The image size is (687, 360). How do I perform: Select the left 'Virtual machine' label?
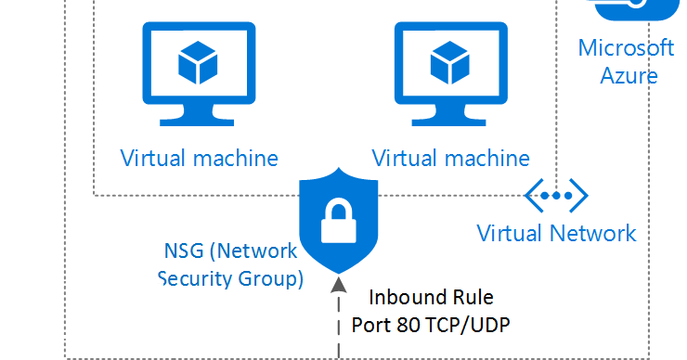[199, 157]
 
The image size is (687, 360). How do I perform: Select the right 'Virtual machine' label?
[451, 157]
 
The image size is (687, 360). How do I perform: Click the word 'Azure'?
[629, 75]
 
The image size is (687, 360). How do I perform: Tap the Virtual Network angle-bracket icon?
[556, 196]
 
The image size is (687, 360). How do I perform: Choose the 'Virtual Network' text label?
[556, 232]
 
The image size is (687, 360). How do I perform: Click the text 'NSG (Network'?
[230, 251]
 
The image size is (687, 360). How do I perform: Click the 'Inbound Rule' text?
[432, 298]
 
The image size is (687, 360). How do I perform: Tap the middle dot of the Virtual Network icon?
[556, 196]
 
